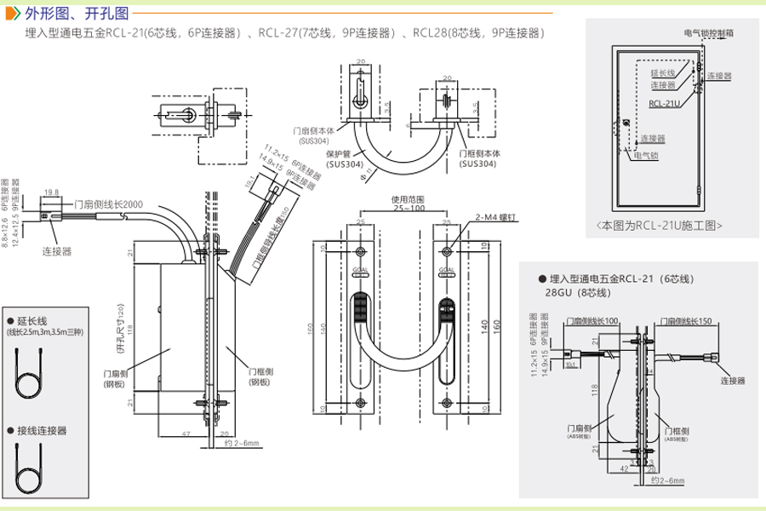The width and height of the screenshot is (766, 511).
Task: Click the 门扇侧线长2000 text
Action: pos(108,204)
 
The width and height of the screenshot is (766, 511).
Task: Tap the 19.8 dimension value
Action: pos(50,192)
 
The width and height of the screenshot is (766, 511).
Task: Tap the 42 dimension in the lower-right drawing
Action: pos(626,467)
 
